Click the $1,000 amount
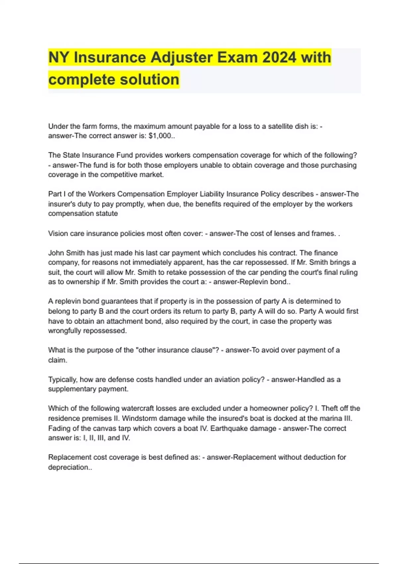[160, 136]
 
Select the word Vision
[58, 234]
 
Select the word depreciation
[68, 467]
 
